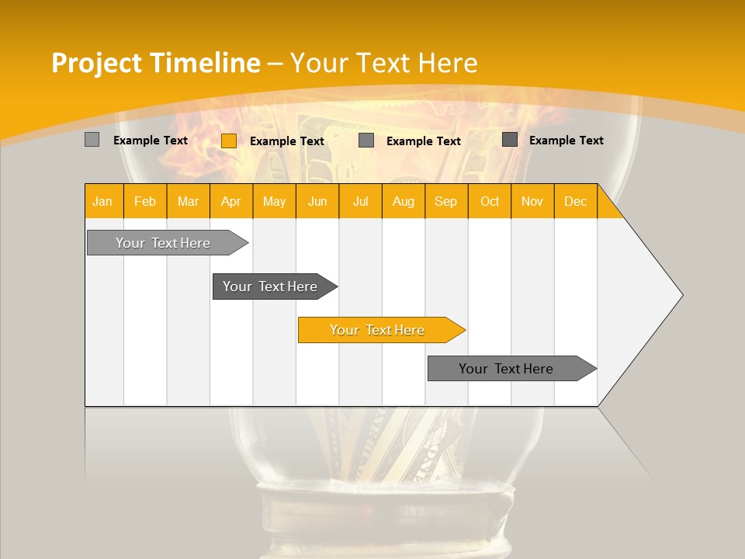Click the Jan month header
tap(102, 202)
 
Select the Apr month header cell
tap(231, 202)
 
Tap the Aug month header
tap(404, 202)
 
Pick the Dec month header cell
tap(576, 202)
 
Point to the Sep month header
tap(446, 202)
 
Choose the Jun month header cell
tap(317, 202)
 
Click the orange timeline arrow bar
tap(378, 330)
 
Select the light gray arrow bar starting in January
tap(163, 243)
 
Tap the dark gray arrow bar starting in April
tap(270, 286)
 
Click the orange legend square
tap(229, 141)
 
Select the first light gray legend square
tap(92, 140)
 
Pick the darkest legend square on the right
tap(510, 140)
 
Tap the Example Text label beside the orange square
tap(287, 141)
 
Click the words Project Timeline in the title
tap(155, 63)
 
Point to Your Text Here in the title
tap(383, 63)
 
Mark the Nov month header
tap(532, 202)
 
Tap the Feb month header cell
tap(145, 202)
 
